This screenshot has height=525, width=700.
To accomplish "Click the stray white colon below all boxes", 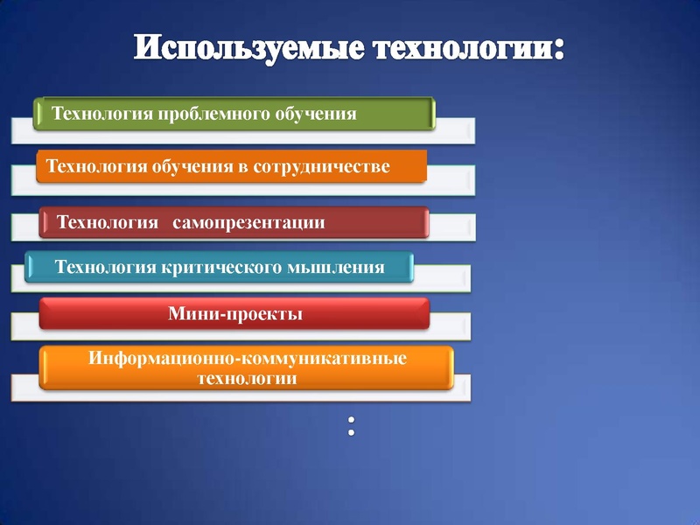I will click(351, 426).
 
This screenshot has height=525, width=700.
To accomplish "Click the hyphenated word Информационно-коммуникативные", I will click(248, 360).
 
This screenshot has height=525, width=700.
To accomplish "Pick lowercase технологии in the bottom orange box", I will click(247, 379).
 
